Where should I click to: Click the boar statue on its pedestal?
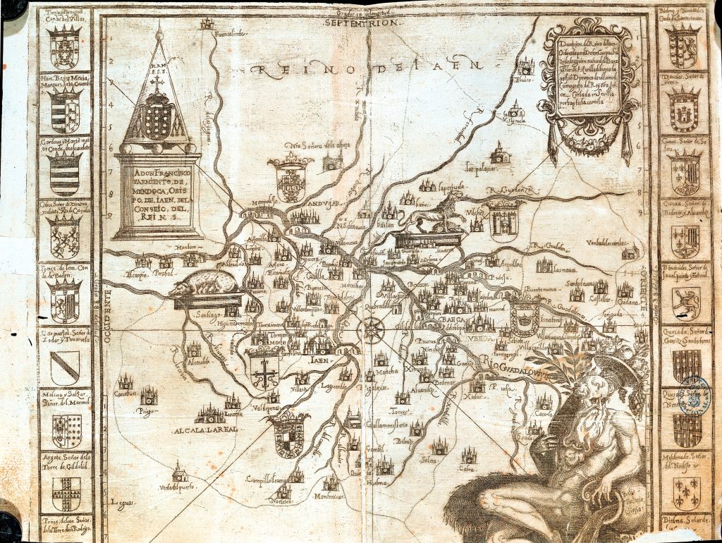[x=204, y=284]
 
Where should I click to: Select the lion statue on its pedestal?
[x=432, y=214]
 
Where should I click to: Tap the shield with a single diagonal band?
[x=65, y=366]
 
